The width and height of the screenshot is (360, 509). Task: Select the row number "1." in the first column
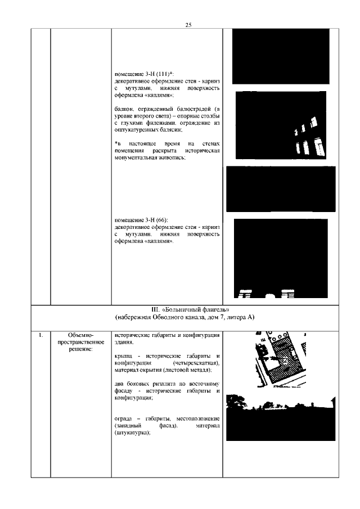pyautogui.click(x=41, y=336)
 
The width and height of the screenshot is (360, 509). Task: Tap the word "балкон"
pyautogui.click(x=124, y=107)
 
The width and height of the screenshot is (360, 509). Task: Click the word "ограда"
pyautogui.click(x=124, y=420)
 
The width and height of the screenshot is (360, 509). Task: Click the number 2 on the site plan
pyautogui.click(x=285, y=359)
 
